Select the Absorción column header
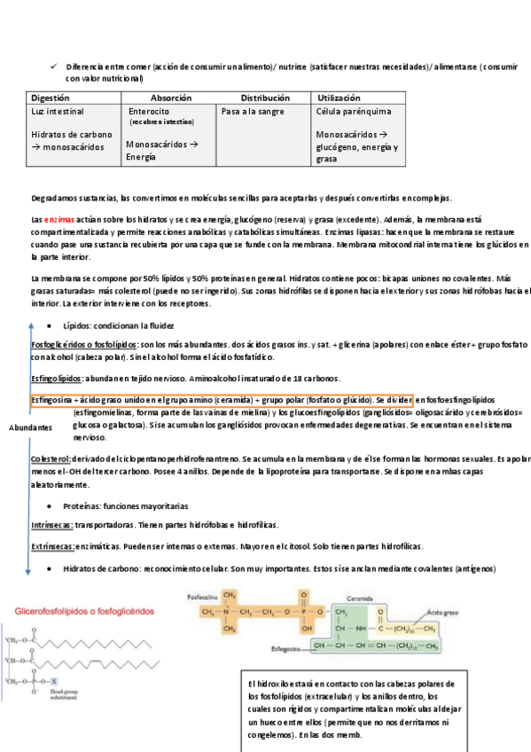[171, 98]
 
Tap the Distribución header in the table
[265, 98]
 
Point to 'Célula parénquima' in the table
[354, 112]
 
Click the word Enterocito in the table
[149, 112]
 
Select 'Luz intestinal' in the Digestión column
[58, 112]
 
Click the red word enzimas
[59, 218]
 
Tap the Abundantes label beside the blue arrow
[31, 428]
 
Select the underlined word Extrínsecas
[52, 546]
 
